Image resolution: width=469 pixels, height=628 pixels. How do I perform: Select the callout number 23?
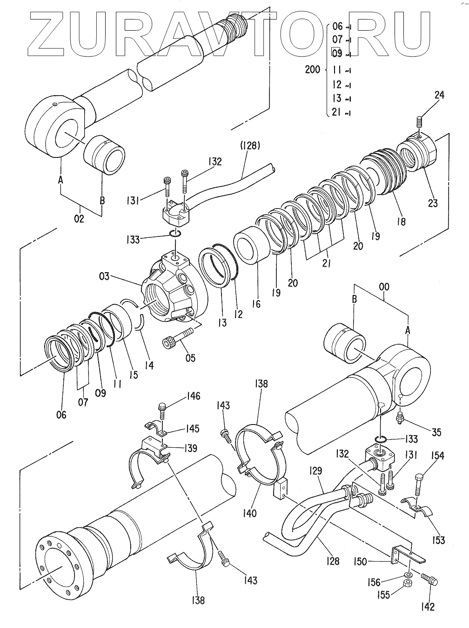tap(433, 203)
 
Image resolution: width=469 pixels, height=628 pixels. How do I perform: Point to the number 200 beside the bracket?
tap(313, 69)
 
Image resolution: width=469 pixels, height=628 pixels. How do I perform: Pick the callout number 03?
tap(104, 277)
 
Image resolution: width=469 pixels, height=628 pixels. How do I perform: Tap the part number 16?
tap(256, 304)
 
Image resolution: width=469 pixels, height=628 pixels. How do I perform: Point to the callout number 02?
tap(79, 219)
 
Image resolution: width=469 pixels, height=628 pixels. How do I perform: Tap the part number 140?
tap(249, 514)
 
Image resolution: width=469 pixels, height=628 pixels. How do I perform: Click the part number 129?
tap(316, 471)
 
